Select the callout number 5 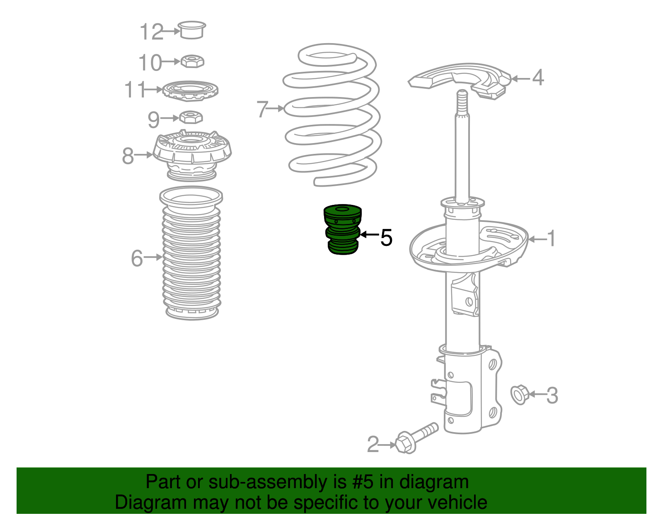click(386, 238)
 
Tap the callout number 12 click(151, 32)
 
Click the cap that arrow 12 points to click(192, 30)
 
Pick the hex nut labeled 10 click(192, 61)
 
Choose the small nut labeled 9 click(191, 117)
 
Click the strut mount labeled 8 click(192, 155)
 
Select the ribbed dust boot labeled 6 click(191, 253)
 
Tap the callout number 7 click(262, 109)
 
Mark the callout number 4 click(537, 77)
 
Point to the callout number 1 click(552, 238)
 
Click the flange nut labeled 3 click(520, 395)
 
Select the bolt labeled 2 click(416, 438)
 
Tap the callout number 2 click(373, 445)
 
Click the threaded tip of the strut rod click(462, 102)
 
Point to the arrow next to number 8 click(143, 155)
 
